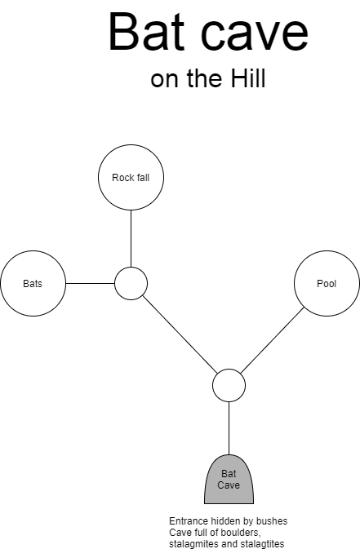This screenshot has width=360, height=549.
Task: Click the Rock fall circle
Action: (x=131, y=178)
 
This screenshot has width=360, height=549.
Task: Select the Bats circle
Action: (x=33, y=283)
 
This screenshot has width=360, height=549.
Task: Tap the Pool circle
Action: (x=327, y=283)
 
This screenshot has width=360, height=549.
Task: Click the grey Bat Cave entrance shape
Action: (x=229, y=480)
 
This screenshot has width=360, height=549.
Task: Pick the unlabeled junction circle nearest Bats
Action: (x=131, y=283)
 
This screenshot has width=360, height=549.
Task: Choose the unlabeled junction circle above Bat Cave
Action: (x=229, y=385)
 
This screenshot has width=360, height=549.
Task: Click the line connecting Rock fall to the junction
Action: (x=131, y=238)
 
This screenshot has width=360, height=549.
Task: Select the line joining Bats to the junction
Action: (x=90, y=283)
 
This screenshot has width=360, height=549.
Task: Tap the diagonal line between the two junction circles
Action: (x=180, y=334)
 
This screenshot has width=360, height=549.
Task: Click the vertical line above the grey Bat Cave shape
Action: (x=229, y=428)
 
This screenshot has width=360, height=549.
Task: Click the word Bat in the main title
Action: (x=146, y=32)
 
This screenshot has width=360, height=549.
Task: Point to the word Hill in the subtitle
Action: (x=248, y=78)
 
